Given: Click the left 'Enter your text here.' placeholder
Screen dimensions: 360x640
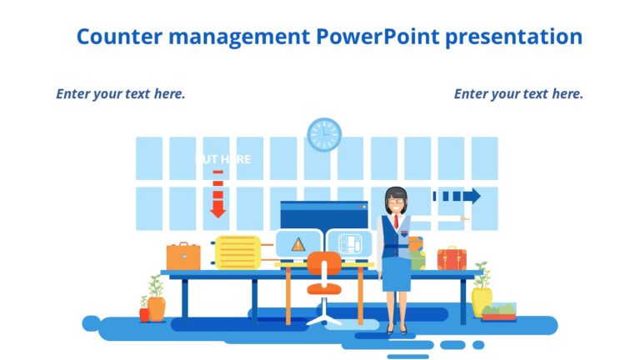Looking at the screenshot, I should point(121,93).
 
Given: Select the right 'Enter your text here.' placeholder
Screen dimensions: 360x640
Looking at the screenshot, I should point(518,93).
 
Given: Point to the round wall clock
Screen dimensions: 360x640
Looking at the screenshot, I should point(324,135).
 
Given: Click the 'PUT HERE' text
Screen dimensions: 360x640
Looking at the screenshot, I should point(222,159).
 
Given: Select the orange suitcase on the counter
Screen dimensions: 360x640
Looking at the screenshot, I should point(183,257).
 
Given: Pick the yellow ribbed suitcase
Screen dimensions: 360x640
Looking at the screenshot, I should point(237,252).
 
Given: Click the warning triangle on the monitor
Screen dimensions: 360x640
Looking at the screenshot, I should point(297,244).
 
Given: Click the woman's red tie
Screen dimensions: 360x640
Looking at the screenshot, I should point(396,222).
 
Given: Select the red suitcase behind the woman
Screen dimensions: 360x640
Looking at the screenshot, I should point(452,258).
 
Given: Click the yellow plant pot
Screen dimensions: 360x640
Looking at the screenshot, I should point(482,302).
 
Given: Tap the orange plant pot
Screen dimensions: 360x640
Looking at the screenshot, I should point(156,307).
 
